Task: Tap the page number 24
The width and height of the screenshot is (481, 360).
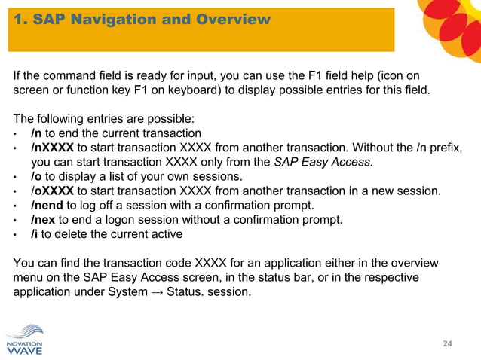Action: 447,344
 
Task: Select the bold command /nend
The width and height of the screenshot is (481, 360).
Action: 47,206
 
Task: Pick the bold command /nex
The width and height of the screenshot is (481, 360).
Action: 43,220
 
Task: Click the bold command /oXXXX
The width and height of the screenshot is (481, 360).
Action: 52,191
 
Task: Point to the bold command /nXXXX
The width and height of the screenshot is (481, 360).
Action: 52,148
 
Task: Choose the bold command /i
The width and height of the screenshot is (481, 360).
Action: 35,234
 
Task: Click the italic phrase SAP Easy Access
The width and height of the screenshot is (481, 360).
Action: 322,162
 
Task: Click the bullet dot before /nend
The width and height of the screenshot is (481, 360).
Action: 16,206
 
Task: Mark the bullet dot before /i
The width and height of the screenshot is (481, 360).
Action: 16,235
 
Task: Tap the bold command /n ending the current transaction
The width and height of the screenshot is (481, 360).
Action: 36,133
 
